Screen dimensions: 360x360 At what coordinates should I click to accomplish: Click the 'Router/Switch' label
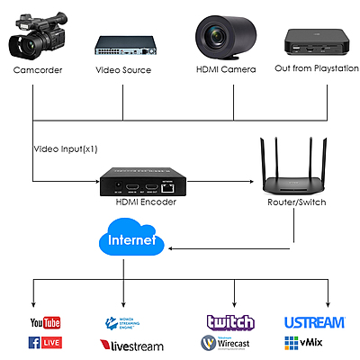pos(297,204)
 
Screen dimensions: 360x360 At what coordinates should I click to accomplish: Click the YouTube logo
pos(44,322)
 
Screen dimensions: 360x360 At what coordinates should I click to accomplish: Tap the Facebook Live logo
pos(46,343)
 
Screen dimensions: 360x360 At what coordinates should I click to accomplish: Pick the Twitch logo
pos(230,322)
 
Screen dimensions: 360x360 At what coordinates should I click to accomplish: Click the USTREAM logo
pos(314,322)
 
